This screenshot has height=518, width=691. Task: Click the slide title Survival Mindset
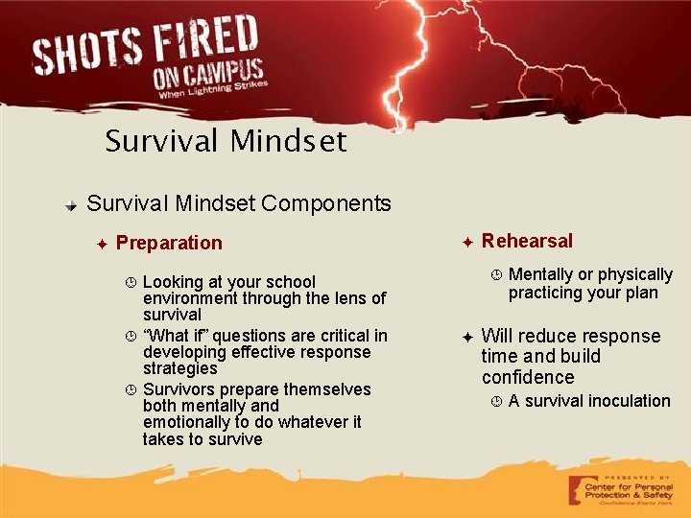click(226, 142)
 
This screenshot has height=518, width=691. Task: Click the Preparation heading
click(169, 243)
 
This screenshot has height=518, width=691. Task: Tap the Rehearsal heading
click(527, 241)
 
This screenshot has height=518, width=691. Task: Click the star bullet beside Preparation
click(103, 244)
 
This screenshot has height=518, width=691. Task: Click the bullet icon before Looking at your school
click(131, 282)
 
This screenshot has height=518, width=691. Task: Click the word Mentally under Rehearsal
click(541, 275)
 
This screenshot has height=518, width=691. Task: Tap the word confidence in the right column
click(528, 377)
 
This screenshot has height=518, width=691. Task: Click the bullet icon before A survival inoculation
click(496, 401)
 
